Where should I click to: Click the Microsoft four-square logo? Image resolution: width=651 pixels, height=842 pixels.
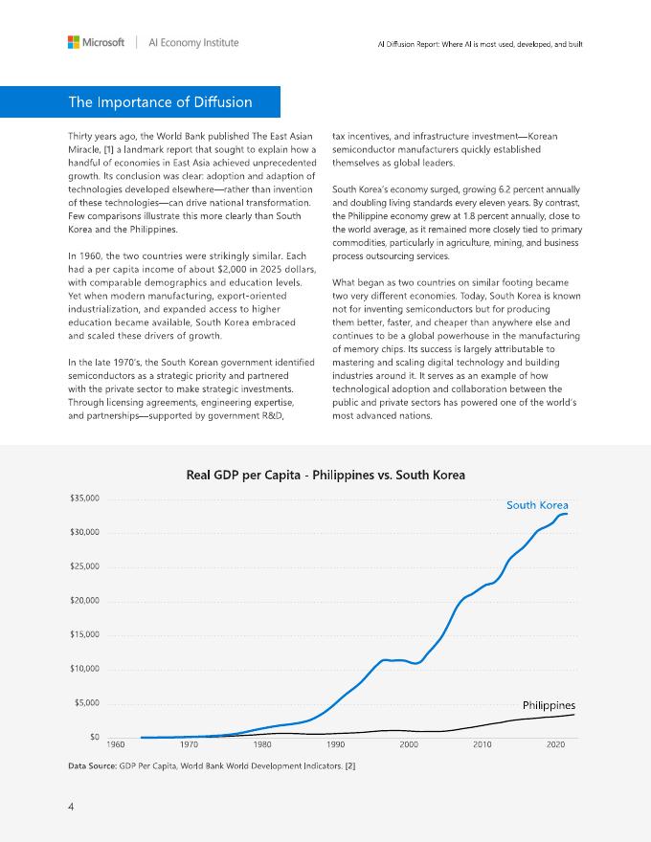[x=73, y=42]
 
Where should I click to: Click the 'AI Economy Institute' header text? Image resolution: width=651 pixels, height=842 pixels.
[x=192, y=43]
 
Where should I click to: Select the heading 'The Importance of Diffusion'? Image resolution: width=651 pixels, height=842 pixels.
[x=160, y=102]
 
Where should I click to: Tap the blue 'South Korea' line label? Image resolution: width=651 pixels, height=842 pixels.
[x=537, y=505]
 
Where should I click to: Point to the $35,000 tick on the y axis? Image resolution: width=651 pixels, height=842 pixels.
[x=85, y=499]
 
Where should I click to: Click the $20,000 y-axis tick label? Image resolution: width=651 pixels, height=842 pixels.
[x=85, y=601]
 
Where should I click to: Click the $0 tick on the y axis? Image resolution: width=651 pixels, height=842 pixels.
[x=94, y=737]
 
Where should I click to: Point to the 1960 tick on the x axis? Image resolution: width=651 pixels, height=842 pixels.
[x=117, y=744]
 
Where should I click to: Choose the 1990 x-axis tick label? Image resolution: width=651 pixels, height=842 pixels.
[x=336, y=744]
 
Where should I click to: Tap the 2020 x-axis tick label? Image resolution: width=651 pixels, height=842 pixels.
[x=554, y=744]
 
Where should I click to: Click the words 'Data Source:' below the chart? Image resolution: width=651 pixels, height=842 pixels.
[x=92, y=766]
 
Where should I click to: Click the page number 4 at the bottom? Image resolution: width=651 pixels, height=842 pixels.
[x=71, y=807]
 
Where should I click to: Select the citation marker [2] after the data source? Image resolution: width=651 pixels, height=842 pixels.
[x=349, y=766]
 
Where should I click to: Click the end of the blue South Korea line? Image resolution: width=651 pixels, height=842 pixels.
[x=568, y=515]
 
